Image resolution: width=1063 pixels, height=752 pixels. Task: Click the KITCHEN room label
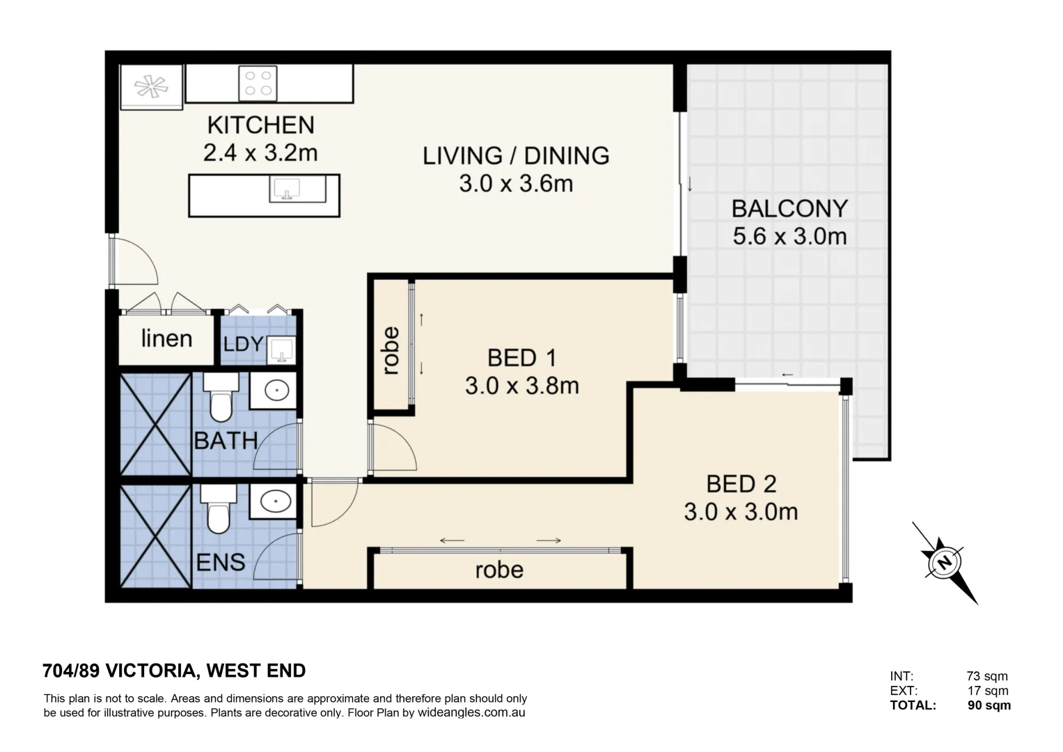point(261,125)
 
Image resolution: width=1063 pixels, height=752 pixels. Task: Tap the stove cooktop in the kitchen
point(258,83)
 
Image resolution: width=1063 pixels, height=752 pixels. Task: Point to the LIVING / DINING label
point(516,155)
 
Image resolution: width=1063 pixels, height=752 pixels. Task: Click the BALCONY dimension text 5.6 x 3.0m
point(789,237)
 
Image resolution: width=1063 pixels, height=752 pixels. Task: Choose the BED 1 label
point(521,358)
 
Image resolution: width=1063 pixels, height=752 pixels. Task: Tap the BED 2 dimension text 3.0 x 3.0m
point(741,512)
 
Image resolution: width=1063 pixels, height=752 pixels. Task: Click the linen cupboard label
point(166,339)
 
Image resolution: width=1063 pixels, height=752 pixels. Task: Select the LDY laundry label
point(243,344)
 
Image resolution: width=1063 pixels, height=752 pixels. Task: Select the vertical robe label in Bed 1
point(391,351)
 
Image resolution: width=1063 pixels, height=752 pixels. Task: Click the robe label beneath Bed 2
point(499,570)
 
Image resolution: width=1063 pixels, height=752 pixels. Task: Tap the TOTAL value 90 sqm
point(989,705)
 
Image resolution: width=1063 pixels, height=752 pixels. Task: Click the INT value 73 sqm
point(986,676)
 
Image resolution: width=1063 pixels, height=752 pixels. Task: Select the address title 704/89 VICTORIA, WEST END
point(174,671)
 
